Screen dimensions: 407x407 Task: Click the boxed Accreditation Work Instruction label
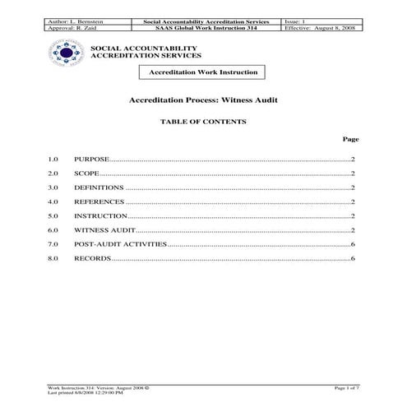coord(203,72)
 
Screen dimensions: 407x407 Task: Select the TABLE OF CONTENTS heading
coord(203,121)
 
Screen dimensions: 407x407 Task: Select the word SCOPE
coord(86,173)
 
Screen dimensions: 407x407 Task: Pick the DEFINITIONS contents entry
coord(99,187)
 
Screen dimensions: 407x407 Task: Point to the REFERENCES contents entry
coord(96,201)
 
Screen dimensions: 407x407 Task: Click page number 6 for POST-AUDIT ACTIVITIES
coord(352,245)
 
